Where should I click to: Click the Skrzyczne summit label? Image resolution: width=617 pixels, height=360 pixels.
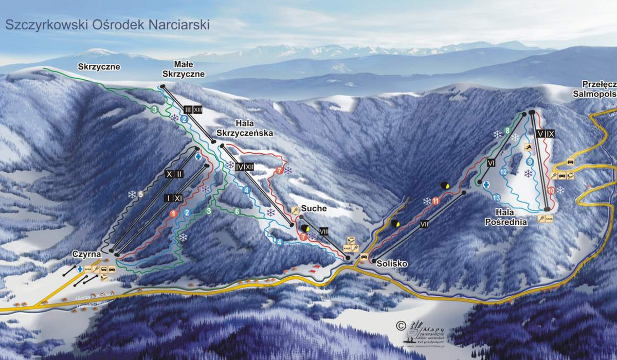(99, 67)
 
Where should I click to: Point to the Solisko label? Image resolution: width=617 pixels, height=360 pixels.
(392, 263)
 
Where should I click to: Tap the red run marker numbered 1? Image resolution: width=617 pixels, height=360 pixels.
(173, 213)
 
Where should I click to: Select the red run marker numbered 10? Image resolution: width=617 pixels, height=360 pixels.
(551, 190)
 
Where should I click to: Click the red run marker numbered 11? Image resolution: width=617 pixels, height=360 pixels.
(437, 201)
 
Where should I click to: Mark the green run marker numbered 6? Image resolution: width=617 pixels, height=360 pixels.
(237, 211)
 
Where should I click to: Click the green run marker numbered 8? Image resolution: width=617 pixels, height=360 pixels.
(507, 131)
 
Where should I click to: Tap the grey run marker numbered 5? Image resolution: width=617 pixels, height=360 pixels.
(139, 193)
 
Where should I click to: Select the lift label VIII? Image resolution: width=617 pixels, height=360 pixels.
(324, 230)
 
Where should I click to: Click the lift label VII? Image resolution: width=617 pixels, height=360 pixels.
(424, 225)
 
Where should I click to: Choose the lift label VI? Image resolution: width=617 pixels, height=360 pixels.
(491, 163)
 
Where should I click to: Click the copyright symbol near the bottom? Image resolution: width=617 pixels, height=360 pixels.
(401, 325)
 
